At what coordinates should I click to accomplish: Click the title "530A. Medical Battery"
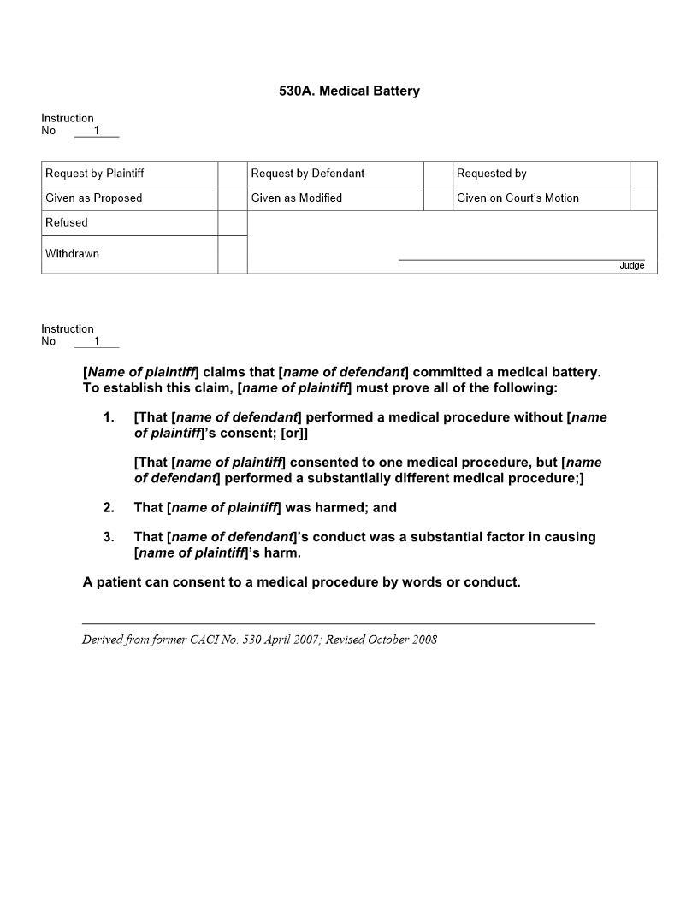[349, 91]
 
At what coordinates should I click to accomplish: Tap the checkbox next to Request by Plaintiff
[232, 174]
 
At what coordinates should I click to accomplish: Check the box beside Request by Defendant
[438, 174]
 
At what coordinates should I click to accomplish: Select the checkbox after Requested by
[643, 174]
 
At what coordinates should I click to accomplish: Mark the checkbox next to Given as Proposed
[232, 198]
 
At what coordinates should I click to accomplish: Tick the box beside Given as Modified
[438, 198]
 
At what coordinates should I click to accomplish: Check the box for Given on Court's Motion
[643, 198]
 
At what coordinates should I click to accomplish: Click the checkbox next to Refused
[232, 223]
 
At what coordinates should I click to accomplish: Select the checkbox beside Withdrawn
[232, 254]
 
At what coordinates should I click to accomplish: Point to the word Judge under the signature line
[631, 266]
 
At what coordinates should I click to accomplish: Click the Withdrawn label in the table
[72, 254]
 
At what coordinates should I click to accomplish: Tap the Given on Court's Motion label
[518, 198]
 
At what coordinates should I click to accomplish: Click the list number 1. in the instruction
[109, 418]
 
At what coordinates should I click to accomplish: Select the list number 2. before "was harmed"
[109, 508]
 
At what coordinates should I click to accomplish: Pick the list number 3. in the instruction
[109, 538]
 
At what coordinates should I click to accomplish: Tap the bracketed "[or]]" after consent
[294, 434]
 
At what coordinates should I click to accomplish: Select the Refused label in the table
[67, 223]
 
